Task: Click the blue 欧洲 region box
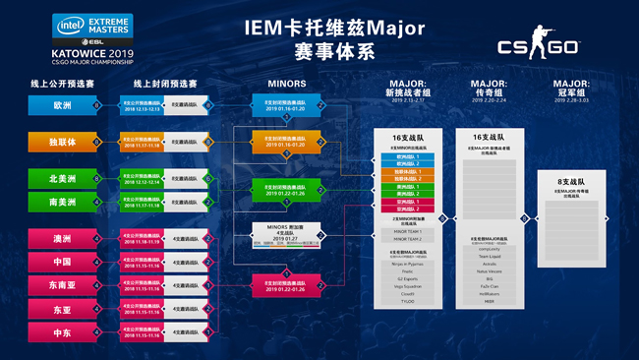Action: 61,103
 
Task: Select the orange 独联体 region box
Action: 61,142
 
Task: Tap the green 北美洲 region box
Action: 61,179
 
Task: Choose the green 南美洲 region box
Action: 61,202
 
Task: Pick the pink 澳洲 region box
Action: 61,239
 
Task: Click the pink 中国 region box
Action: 61,262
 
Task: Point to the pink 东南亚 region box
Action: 61,285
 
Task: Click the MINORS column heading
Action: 286,84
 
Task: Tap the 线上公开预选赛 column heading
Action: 61,84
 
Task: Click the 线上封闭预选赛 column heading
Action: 164,84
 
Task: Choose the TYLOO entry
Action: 407,301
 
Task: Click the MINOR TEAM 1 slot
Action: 407,231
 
